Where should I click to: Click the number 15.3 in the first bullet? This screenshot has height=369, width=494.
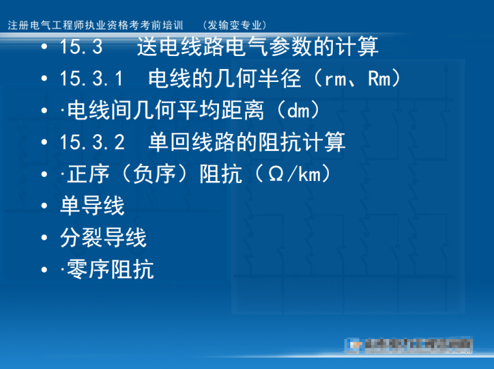click(81, 48)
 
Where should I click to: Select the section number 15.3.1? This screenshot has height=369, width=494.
click(92, 79)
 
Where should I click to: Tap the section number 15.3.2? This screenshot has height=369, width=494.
click(92, 143)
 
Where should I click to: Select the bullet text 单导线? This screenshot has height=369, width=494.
click(92, 206)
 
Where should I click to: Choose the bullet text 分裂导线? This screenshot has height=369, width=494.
click(103, 238)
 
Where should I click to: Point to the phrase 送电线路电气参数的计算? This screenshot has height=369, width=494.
click(258, 48)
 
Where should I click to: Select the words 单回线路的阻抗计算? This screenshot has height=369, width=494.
click(247, 143)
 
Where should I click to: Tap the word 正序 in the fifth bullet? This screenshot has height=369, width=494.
click(89, 174)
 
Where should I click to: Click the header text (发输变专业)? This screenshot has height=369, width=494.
click(235, 25)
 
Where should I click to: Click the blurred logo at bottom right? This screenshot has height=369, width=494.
click(409, 344)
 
